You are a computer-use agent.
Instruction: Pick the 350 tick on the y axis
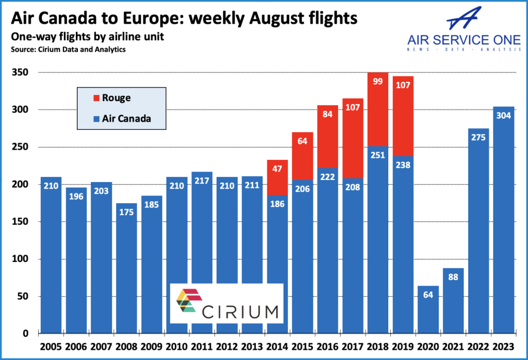coord(20,72)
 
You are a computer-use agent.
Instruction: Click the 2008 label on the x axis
coord(126,346)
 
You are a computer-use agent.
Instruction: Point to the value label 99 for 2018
coord(377,81)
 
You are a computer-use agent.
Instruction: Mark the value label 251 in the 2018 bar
coord(377,155)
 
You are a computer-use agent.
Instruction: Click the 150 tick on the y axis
coord(20,222)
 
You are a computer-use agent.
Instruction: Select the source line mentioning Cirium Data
coord(68,50)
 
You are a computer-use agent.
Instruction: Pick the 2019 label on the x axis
coord(403,346)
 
